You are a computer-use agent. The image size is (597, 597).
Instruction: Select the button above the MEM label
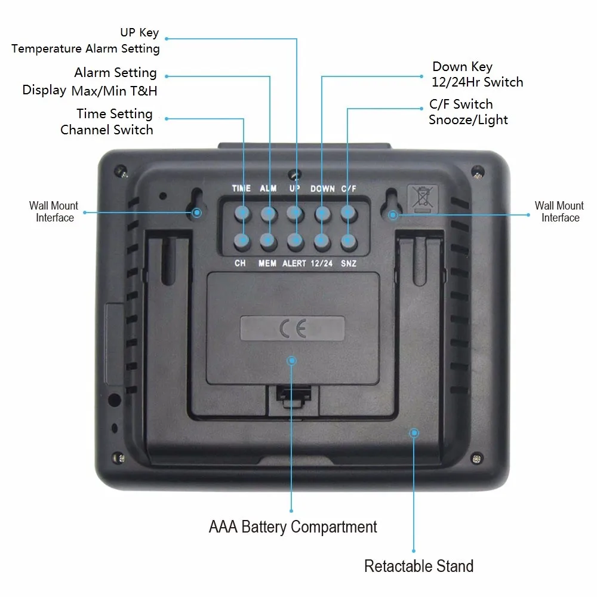[x=268, y=241]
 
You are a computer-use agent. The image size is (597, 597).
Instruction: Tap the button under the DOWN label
[x=322, y=213]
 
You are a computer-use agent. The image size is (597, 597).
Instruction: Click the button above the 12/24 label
[x=322, y=241]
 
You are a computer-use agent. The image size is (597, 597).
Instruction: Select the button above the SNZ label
[x=349, y=241]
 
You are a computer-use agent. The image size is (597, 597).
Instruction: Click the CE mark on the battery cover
[x=293, y=329]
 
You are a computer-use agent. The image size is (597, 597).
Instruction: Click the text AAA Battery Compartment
[x=293, y=527]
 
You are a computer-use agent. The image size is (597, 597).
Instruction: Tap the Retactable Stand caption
[x=418, y=566]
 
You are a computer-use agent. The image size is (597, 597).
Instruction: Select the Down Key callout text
[x=462, y=66]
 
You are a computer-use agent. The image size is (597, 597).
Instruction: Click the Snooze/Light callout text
[x=468, y=119]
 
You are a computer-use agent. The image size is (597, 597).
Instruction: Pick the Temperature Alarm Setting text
[x=85, y=48]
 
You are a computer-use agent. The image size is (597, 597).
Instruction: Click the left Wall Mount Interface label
[x=54, y=212]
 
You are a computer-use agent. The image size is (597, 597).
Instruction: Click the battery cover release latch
[x=293, y=396]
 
